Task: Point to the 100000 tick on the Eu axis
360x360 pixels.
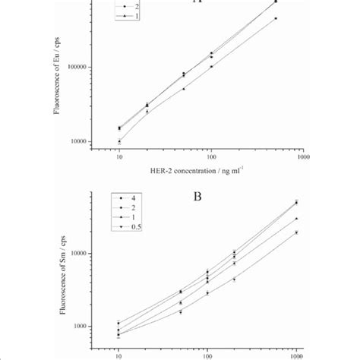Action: (75, 67)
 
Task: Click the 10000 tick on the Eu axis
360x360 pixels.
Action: (77, 141)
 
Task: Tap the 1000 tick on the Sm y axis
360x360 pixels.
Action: (80, 327)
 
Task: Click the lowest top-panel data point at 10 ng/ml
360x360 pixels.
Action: (119, 141)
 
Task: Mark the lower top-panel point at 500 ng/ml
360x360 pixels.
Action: (276, 18)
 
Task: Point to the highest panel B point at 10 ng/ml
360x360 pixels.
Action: (119, 323)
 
